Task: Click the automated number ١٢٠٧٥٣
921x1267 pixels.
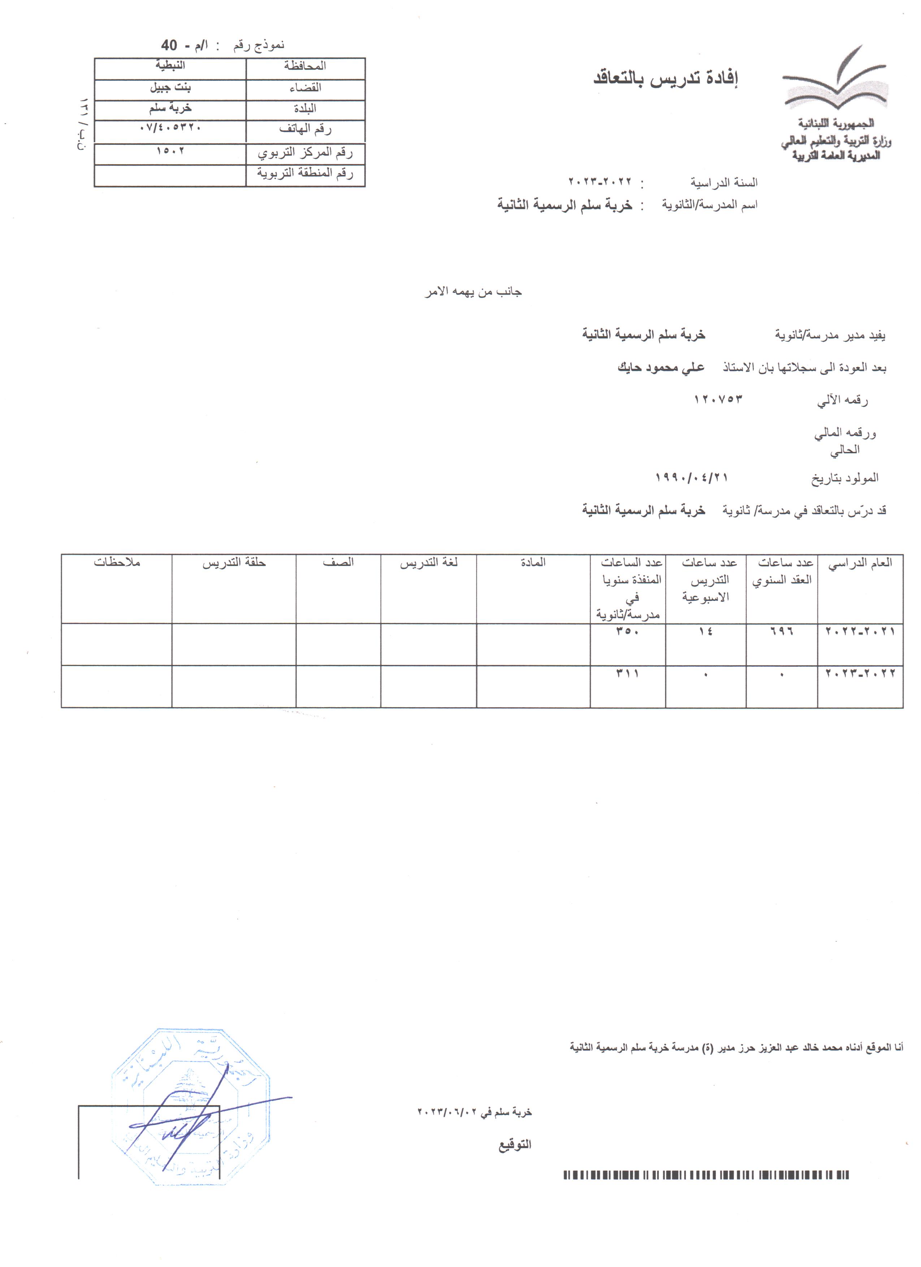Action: click(x=718, y=399)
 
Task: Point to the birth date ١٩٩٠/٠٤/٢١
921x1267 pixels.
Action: click(x=691, y=477)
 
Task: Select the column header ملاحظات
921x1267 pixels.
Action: click(x=117, y=563)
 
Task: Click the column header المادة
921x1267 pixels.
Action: click(x=533, y=563)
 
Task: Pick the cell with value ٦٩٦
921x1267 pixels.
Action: click(x=782, y=632)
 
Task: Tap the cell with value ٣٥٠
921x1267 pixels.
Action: click(x=627, y=632)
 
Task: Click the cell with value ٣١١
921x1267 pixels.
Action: click(x=627, y=674)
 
